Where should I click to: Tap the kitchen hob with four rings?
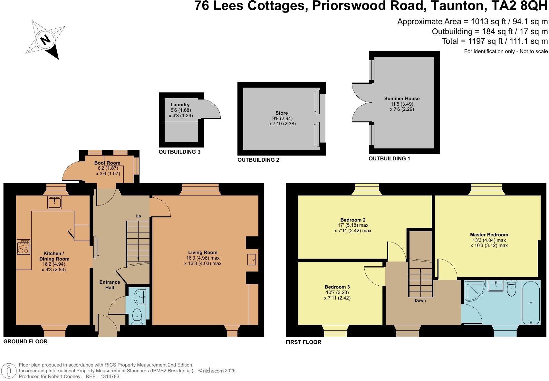click(x=24, y=247)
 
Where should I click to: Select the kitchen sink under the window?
click(x=54, y=202)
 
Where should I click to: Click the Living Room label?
click(x=203, y=252)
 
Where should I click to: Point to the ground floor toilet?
click(x=137, y=316)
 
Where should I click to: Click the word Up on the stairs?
click(x=138, y=216)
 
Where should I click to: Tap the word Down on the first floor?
click(x=420, y=300)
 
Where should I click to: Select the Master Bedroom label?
click(x=489, y=235)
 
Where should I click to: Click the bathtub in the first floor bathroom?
click(x=531, y=303)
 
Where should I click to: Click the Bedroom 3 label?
click(x=337, y=287)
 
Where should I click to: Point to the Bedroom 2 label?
click(x=353, y=220)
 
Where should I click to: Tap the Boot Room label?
click(x=107, y=163)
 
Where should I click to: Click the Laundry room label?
click(x=180, y=105)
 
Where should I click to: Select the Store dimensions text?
click(x=282, y=121)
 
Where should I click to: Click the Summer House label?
click(x=402, y=99)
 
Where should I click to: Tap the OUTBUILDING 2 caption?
click(x=258, y=160)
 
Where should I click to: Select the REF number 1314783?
click(x=110, y=376)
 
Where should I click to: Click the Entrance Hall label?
click(x=110, y=285)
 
